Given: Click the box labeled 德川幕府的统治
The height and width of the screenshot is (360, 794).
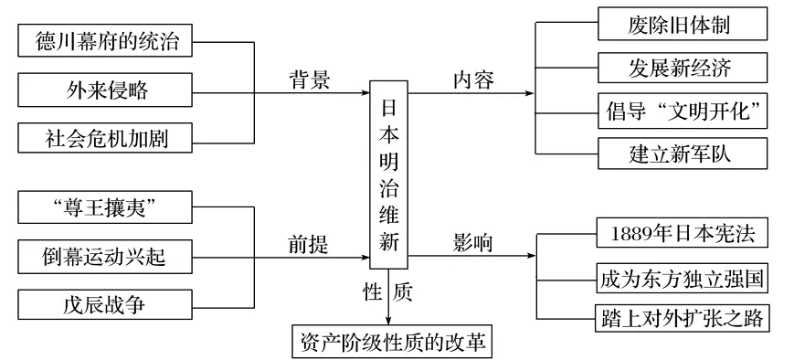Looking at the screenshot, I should [107, 41].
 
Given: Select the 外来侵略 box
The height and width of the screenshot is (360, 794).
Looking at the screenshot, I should [107, 90].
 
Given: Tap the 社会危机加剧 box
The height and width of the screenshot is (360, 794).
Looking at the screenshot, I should [107, 139].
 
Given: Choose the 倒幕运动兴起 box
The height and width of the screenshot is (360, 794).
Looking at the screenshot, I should [107, 258].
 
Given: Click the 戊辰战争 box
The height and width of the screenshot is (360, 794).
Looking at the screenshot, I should [107, 306].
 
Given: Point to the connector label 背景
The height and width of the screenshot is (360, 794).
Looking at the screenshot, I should [309, 79].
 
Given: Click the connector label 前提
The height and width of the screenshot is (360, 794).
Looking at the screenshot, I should [309, 244].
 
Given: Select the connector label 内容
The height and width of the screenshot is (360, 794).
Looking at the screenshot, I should [473, 79].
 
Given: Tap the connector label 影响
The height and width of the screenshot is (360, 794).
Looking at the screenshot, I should [473, 243].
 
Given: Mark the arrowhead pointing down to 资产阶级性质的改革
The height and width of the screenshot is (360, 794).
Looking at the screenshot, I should [389, 320].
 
